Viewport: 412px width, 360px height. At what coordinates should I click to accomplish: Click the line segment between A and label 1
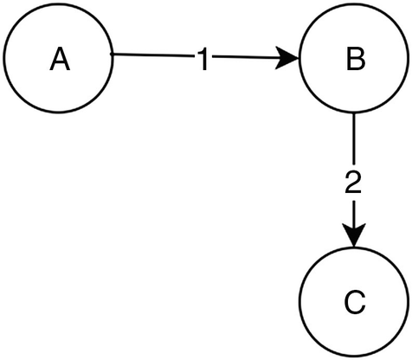click(x=151, y=58)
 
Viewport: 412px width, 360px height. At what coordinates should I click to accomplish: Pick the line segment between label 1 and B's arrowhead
click(x=247, y=59)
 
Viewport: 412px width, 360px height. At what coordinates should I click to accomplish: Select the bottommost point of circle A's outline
click(x=59, y=113)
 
